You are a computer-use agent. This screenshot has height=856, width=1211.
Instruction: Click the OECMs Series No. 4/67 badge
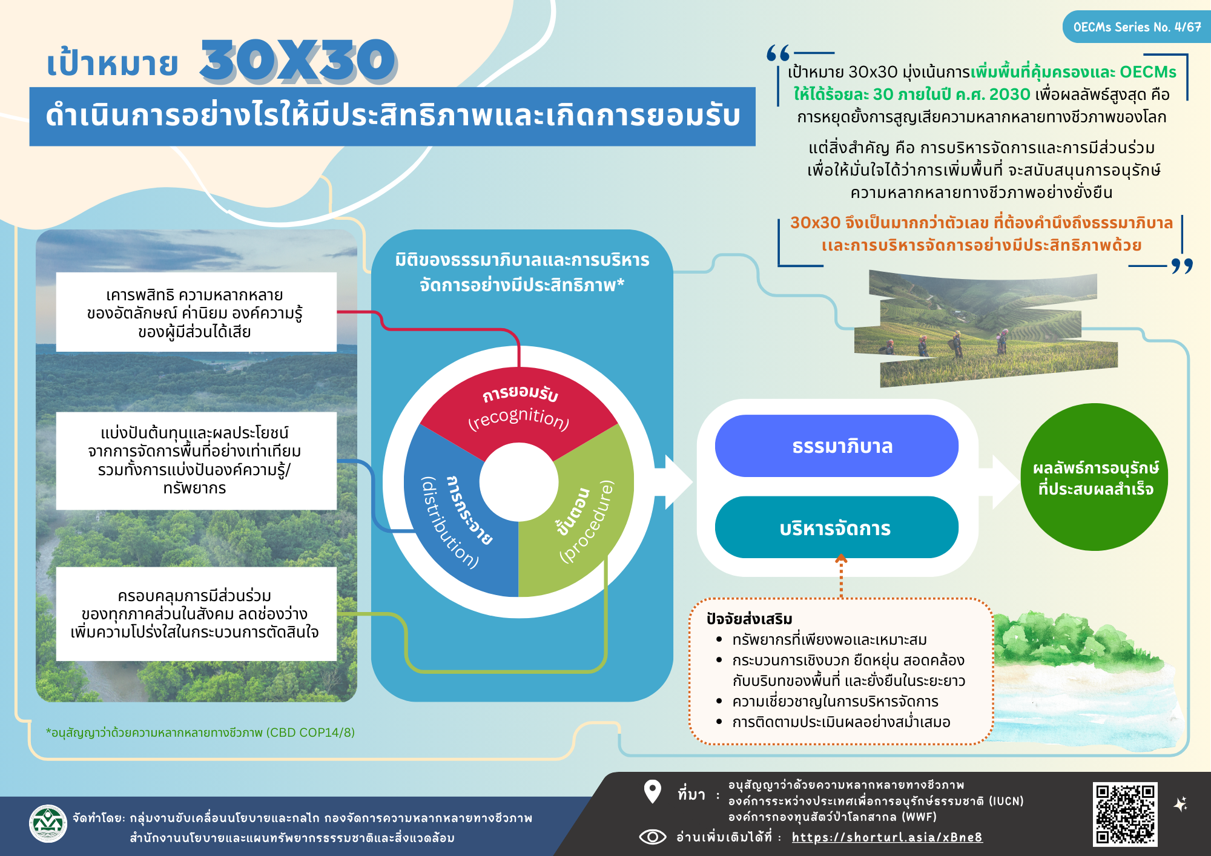[x=1137, y=27]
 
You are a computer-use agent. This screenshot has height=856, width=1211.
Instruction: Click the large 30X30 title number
[x=299, y=61]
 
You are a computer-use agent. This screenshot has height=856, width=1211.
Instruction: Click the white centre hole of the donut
[x=519, y=482]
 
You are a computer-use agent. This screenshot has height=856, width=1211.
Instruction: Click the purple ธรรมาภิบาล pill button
[x=837, y=446]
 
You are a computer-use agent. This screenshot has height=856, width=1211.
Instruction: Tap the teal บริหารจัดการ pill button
[x=837, y=527]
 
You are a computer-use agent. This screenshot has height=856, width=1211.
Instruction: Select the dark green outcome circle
[x=1095, y=477]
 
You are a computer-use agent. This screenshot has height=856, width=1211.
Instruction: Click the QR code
[x=1125, y=814]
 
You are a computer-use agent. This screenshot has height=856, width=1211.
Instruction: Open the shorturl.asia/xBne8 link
[x=887, y=837]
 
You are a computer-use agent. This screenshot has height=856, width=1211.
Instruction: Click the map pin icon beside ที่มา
[x=652, y=791]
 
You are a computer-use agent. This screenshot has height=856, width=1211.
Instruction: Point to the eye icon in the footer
[x=653, y=837]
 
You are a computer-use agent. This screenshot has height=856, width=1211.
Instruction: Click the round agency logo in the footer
[x=48, y=823]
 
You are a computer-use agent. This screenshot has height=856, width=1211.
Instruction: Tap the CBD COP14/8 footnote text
[x=200, y=733]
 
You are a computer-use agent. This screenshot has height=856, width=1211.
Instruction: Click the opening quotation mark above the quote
[x=778, y=53]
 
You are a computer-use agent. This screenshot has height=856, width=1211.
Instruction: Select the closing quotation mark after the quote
[x=1181, y=266]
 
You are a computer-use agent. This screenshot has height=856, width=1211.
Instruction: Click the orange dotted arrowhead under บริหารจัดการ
[x=841, y=558]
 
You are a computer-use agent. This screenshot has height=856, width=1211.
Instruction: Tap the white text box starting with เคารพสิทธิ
[x=196, y=312]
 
